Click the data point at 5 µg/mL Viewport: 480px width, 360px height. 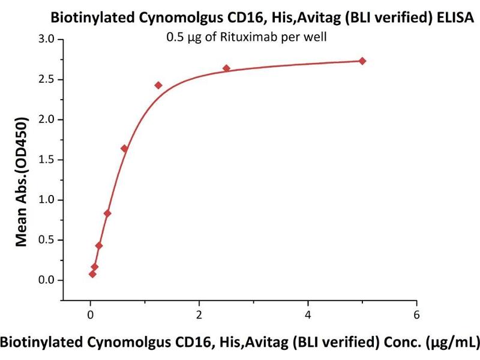click(362, 61)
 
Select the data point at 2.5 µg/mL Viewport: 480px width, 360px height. click(226, 68)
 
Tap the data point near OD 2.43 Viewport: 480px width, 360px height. click(158, 85)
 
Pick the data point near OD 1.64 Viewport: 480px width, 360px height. click(124, 149)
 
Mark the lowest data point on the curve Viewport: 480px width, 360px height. click(92, 274)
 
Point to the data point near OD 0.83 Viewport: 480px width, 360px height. click(107, 213)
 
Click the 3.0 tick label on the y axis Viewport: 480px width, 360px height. click(46, 40)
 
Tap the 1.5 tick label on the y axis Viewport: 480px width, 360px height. click(46, 160)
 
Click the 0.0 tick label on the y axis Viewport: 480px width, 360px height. click(46, 280)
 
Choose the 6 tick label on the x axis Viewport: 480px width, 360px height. click(416, 313)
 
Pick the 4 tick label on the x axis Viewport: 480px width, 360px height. click(308, 313)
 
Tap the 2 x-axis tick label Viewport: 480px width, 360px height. click(199, 313)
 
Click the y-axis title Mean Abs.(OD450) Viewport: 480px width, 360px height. click(23, 181)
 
